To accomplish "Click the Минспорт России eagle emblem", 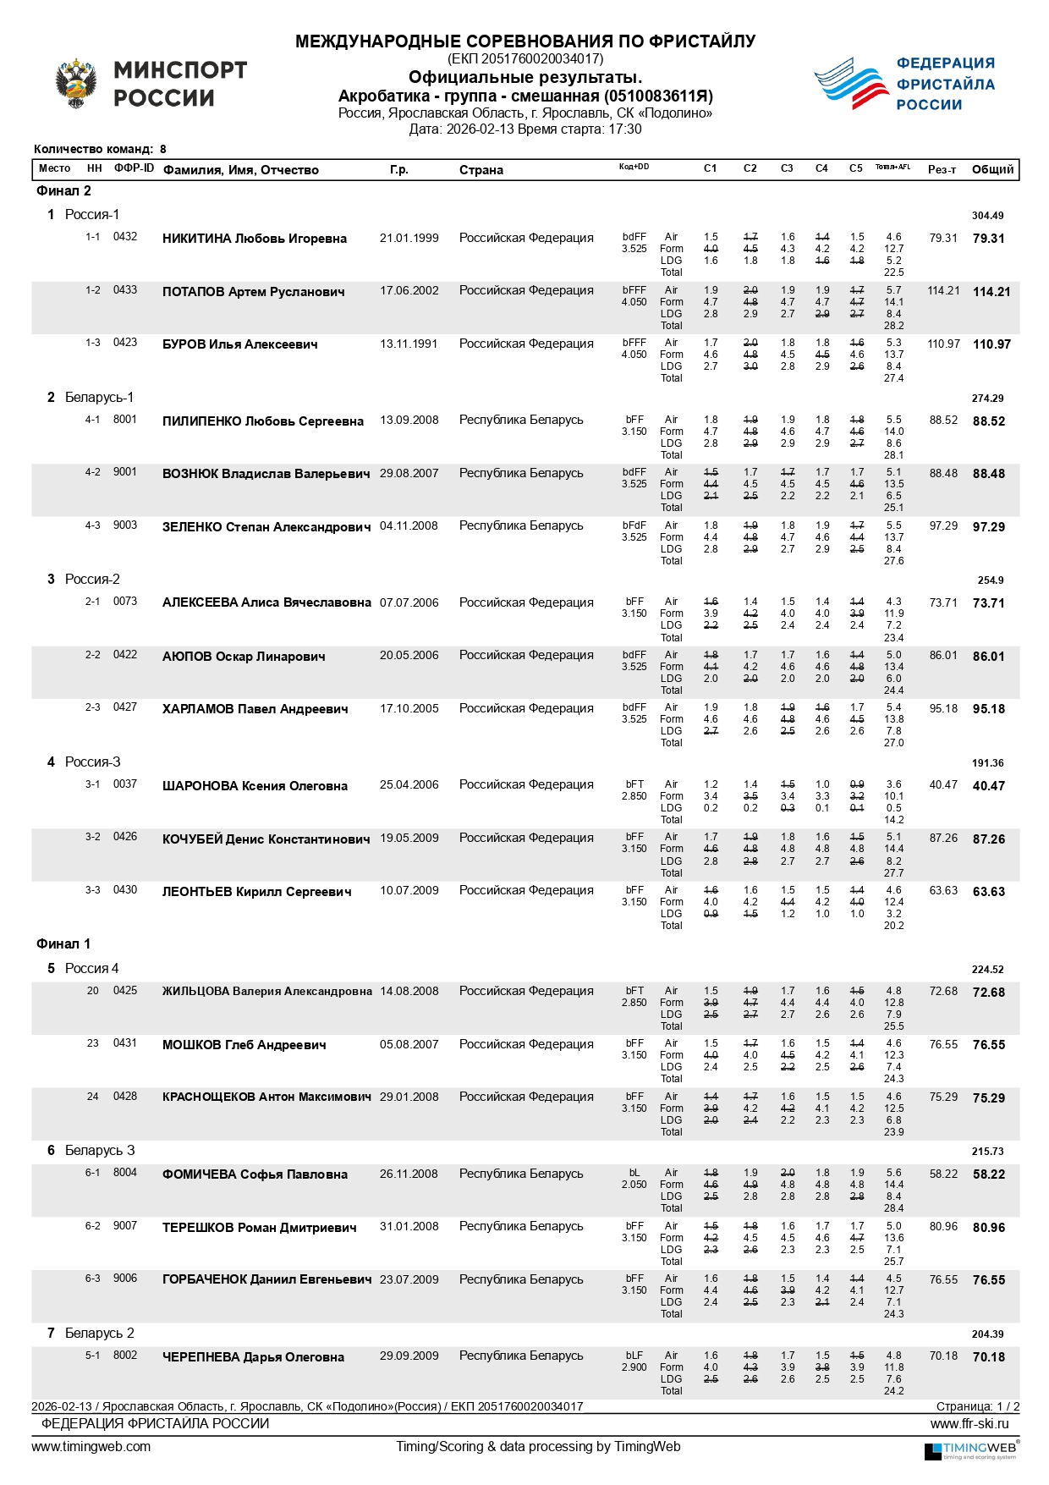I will click(x=76, y=83).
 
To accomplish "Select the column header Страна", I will click(x=481, y=170).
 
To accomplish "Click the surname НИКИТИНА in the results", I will click(x=196, y=239).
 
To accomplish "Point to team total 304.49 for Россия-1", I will click(x=987, y=216).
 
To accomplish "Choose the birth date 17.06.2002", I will click(x=409, y=291).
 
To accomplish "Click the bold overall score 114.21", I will click(x=991, y=292).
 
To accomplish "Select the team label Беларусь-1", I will click(x=99, y=398).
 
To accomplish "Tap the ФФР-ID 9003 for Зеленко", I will click(x=124, y=525).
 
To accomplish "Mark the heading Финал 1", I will click(x=63, y=944).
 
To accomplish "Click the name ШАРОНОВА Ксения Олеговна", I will click(x=255, y=786).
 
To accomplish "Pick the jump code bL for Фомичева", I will click(x=634, y=1173).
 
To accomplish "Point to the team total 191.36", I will click(x=987, y=763).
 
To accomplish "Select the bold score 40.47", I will click(x=988, y=786).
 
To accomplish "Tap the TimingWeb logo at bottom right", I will click(x=970, y=1450).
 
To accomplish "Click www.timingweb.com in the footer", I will click(x=91, y=1447).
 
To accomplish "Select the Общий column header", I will click(x=992, y=170).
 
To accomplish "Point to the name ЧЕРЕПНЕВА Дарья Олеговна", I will click(x=253, y=1357).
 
